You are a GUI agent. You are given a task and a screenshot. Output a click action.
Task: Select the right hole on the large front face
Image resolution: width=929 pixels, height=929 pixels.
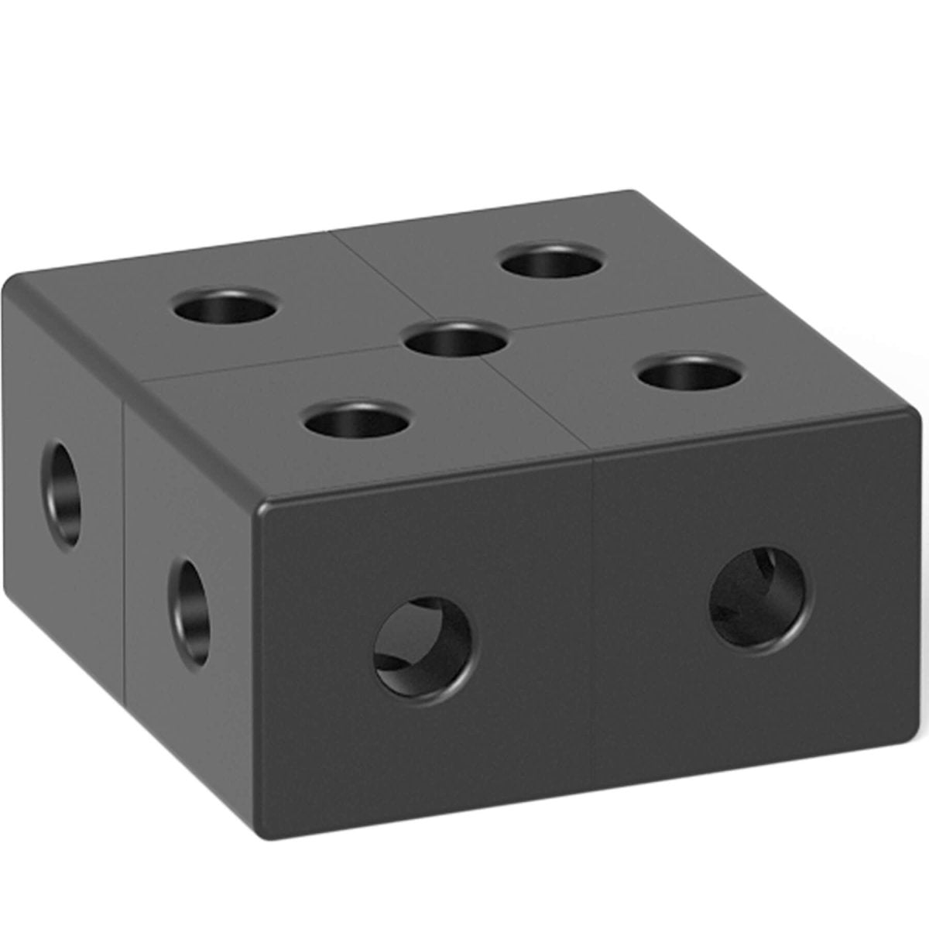pyautogui.click(x=762, y=598)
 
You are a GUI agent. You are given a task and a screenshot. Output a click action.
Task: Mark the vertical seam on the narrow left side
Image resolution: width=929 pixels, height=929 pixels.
pyautogui.click(x=124, y=542)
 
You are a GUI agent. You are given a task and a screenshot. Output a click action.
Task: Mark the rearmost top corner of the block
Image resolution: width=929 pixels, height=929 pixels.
pyautogui.click(x=631, y=192)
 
